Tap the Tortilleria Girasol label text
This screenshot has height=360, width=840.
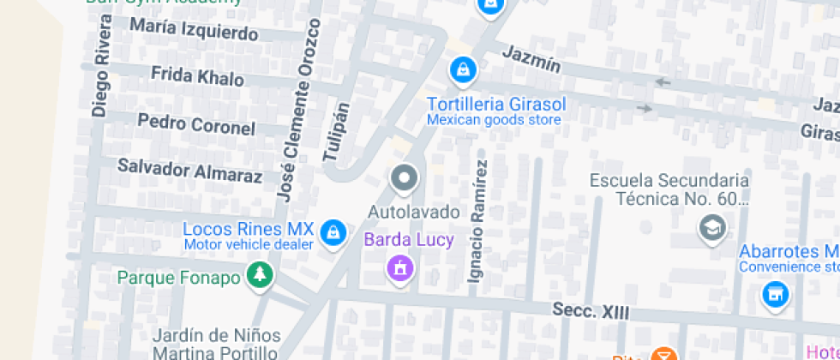(x=496, y=104)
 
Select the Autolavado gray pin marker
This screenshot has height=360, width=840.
(x=403, y=179)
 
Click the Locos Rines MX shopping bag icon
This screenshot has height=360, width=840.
(x=333, y=231)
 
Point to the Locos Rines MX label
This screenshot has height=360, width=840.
(x=249, y=230)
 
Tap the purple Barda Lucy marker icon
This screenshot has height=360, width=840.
(x=399, y=268)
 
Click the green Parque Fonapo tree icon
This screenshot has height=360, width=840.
(x=259, y=275)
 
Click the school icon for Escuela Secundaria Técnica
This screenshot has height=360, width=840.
(x=713, y=228)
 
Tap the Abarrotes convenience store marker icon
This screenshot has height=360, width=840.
(x=775, y=295)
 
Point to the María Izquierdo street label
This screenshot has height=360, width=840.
(x=194, y=30)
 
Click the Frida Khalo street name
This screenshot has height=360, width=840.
(x=197, y=76)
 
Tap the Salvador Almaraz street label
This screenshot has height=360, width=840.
(x=189, y=171)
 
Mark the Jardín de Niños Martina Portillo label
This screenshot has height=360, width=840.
(x=215, y=343)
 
